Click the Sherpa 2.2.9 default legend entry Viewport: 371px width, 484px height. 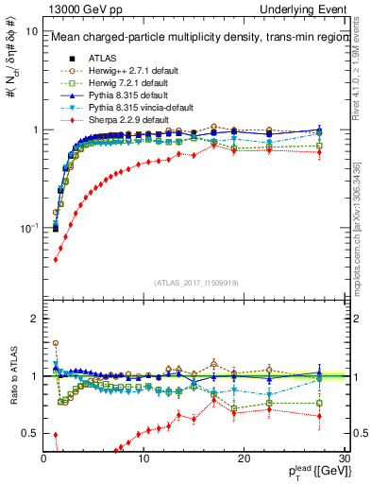pos(122,120)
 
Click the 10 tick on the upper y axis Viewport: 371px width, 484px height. pos(32,30)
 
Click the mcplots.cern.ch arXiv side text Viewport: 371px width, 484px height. pos(363,217)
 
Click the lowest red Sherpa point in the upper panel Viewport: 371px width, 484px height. pos(56,259)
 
